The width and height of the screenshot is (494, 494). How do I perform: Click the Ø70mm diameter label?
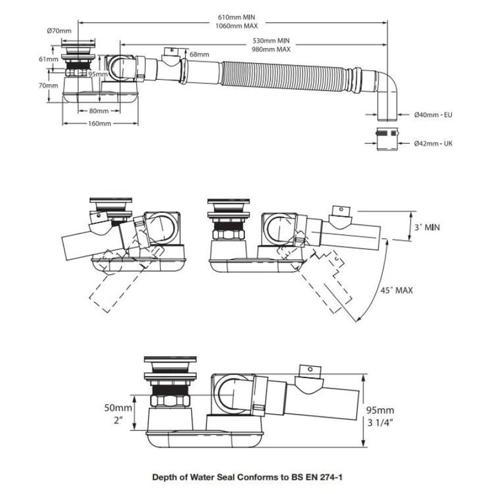coord(59,31)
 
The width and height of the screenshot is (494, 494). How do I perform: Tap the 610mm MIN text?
coord(236,17)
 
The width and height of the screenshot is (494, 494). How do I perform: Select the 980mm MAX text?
coord(271,49)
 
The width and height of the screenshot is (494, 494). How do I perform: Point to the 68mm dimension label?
coord(199,54)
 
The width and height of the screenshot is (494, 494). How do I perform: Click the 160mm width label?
coord(99,123)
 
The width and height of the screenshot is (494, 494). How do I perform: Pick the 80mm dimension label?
coord(99,111)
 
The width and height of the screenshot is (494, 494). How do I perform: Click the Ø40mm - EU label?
coord(433,115)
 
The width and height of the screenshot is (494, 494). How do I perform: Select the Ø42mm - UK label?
coord(433,143)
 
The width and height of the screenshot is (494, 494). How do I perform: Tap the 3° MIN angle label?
coord(427,227)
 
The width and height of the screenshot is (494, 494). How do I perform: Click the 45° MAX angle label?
coord(396,290)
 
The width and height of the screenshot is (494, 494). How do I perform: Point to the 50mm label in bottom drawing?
coord(118,408)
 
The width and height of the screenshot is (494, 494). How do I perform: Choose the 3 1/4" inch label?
coord(380,422)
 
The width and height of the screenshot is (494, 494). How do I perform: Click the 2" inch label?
coord(118,420)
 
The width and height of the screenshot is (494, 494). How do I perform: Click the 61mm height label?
coord(48,59)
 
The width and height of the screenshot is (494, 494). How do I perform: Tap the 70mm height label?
coord(48,85)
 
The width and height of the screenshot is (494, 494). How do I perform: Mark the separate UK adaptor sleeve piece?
coord(388,139)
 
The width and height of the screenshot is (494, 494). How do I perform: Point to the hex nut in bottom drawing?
coord(171,400)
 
